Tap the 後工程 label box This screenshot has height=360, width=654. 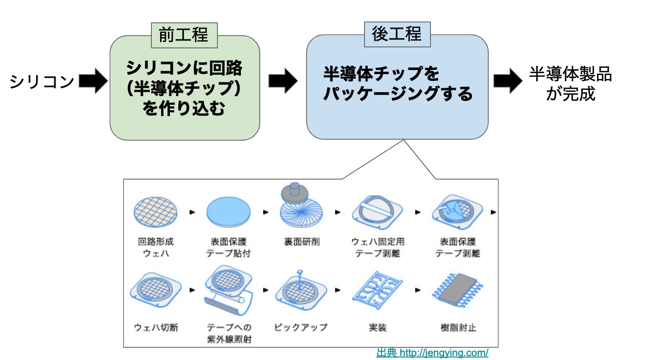pos(396,34)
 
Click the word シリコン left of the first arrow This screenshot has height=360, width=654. pos(42,81)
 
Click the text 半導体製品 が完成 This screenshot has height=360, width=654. pos(571,83)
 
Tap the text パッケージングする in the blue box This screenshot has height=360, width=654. pos(398,93)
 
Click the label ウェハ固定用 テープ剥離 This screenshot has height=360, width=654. pos(378,247)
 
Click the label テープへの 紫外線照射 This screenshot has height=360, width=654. pos(229,333)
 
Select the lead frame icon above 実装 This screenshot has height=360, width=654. pos(377,291)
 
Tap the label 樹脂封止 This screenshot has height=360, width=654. pos(458,327)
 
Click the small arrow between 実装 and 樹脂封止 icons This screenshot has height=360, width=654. pos(418,290)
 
